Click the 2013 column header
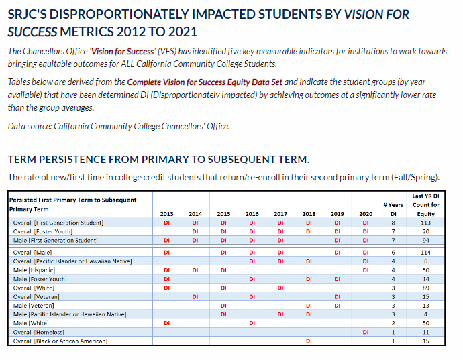(166, 214)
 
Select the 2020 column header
(366, 214)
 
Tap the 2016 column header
(252, 214)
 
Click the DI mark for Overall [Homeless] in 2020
(366, 332)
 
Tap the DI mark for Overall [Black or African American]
(309, 341)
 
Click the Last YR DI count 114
(425, 252)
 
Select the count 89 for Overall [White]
(425, 288)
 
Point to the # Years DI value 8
(393, 223)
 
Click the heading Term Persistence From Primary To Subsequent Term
(158, 160)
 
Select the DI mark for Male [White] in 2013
(166, 323)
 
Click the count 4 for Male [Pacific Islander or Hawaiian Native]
(425, 314)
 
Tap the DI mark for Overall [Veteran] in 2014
(195, 296)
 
